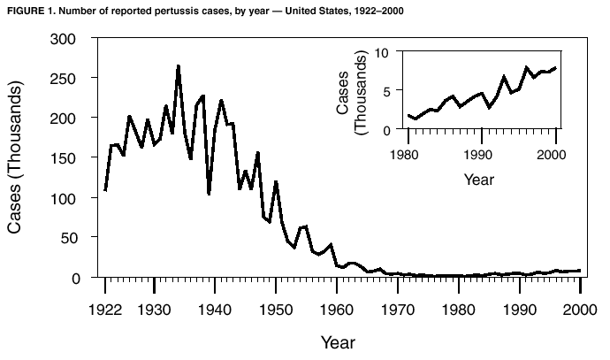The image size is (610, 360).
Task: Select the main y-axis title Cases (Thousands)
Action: pos(16,158)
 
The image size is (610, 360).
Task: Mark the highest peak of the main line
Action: pos(178,66)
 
